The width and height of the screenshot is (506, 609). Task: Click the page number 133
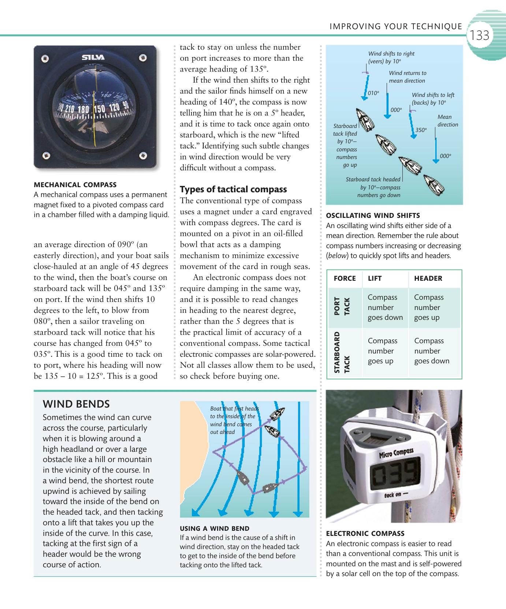(x=480, y=35)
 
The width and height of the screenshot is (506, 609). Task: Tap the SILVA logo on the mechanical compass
(x=93, y=57)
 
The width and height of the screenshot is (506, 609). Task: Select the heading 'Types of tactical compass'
(x=233, y=189)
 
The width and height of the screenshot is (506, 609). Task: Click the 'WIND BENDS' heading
(x=76, y=404)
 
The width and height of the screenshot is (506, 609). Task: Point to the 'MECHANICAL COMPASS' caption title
(x=75, y=185)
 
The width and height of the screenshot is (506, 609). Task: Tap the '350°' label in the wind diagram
(x=421, y=130)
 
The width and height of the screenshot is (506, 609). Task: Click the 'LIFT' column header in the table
(x=375, y=279)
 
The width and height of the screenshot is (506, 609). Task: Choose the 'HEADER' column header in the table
(x=428, y=279)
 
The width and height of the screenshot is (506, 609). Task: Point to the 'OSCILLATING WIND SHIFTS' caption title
(x=373, y=215)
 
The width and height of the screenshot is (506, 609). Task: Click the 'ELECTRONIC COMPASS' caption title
(x=365, y=534)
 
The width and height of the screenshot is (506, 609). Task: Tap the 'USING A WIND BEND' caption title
(x=215, y=528)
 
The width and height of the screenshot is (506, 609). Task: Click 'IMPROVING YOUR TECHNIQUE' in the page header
(x=396, y=26)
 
